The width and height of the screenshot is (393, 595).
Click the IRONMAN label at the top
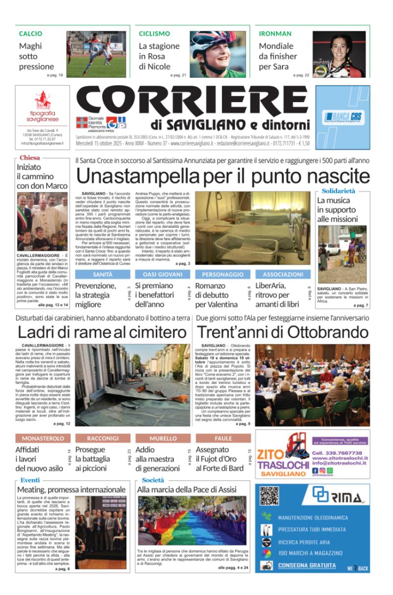coord(275,34)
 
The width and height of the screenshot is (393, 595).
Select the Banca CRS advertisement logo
coord(343,118)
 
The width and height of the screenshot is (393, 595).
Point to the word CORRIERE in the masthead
coord(192,102)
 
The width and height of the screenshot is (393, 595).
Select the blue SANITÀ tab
coord(103,274)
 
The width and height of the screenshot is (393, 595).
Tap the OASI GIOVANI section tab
coord(163,274)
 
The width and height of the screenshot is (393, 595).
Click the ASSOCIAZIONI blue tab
coord(283,274)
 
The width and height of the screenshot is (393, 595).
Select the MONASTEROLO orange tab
coord(43,438)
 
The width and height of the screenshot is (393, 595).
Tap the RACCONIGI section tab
coord(103,438)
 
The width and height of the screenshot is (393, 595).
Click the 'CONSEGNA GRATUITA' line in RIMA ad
coord(307,566)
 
